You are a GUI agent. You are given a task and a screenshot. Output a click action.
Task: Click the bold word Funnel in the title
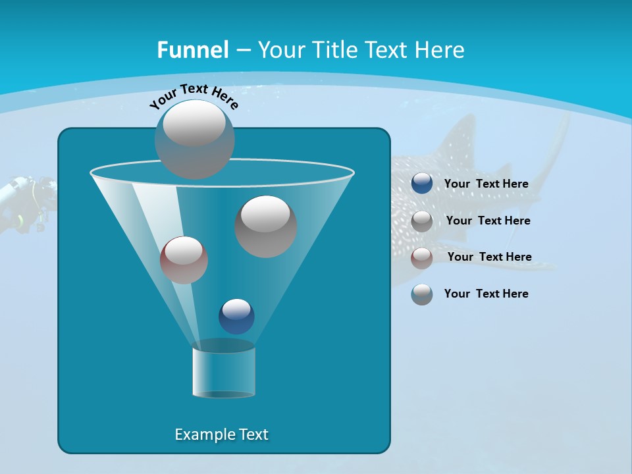coord(193,50)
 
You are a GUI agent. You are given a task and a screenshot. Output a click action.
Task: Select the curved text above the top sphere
coord(194,95)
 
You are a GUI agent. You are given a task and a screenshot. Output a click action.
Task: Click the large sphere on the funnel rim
coord(195,139)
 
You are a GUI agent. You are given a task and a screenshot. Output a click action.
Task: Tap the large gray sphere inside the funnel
coord(266,226)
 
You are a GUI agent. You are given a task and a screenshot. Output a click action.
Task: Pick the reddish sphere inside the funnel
coord(184,259)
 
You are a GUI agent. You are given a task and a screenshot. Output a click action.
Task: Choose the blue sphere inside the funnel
coord(236,316)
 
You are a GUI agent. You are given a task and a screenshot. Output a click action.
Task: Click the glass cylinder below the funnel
coord(223,373)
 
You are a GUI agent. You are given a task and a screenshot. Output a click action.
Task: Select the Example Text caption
coord(221,434)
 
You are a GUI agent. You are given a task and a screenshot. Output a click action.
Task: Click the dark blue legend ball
coord(422,184)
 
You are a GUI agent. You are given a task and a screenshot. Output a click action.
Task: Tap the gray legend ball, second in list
coord(422,221)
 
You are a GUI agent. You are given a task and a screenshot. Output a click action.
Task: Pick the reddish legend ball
coord(422,258)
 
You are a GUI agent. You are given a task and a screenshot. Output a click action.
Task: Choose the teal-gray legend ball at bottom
coord(422,294)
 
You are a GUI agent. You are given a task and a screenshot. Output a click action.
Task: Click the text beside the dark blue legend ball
coord(486,184)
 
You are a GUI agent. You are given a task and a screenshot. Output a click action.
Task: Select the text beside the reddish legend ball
coord(489,257)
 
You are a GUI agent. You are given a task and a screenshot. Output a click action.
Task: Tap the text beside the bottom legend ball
coord(486,294)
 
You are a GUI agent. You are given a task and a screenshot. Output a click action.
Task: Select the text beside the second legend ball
coord(488,221)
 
